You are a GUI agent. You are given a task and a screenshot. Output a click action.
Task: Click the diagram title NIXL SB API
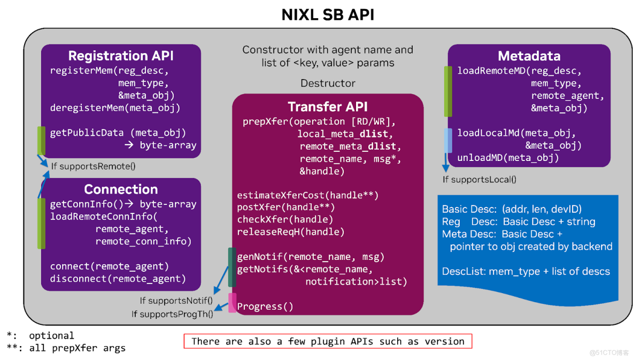[x=328, y=14]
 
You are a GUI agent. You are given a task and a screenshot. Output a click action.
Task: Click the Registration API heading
[x=121, y=56]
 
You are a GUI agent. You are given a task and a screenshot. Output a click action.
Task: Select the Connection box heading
[x=121, y=189]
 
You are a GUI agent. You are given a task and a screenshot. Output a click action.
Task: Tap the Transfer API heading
[x=328, y=106]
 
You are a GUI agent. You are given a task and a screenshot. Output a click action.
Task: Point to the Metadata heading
[x=529, y=56]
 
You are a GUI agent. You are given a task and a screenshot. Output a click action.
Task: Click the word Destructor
[x=328, y=83]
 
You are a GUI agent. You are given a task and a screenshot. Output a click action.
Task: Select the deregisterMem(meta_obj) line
[x=115, y=108]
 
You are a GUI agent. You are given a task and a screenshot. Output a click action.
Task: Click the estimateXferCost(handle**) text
[x=307, y=195]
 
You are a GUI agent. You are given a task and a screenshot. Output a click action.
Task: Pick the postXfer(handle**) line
[x=285, y=207]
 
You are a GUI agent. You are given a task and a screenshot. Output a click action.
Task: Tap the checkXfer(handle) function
[x=285, y=219]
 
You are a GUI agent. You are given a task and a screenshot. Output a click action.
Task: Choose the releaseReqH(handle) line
[x=291, y=232]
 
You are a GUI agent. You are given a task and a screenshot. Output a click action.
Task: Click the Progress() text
[x=265, y=307]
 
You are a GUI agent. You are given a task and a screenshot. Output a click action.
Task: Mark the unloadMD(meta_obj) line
[x=508, y=158]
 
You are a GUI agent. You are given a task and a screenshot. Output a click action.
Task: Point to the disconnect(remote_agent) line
[x=118, y=278]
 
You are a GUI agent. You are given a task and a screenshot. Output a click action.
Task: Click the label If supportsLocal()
[x=480, y=180]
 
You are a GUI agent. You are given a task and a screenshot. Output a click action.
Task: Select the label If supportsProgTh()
[x=172, y=314]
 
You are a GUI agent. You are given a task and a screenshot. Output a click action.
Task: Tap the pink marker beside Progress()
[x=232, y=303]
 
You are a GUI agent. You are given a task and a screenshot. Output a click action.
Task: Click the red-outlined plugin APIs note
[x=328, y=341]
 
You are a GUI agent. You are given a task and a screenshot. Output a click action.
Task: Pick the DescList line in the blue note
[x=526, y=271]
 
